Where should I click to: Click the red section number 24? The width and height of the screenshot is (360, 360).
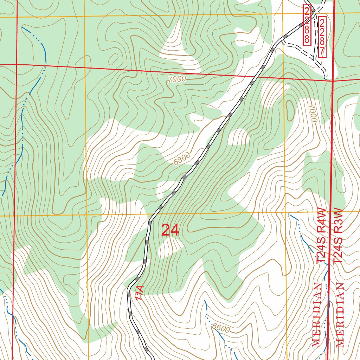point(170,231)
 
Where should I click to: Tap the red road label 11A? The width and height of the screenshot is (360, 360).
point(139,293)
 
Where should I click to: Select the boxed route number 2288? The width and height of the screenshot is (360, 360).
point(307,25)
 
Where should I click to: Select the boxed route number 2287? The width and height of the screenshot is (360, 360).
point(322,37)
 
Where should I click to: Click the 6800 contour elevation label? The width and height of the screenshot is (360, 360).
point(182,159)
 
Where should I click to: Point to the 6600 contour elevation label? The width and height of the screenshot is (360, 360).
point(221,328)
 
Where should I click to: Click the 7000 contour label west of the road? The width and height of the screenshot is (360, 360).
point(176,79)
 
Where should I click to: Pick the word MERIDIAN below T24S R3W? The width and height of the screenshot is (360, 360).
point(340,315)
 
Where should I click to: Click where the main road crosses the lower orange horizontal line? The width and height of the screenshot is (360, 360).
point(152,214)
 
